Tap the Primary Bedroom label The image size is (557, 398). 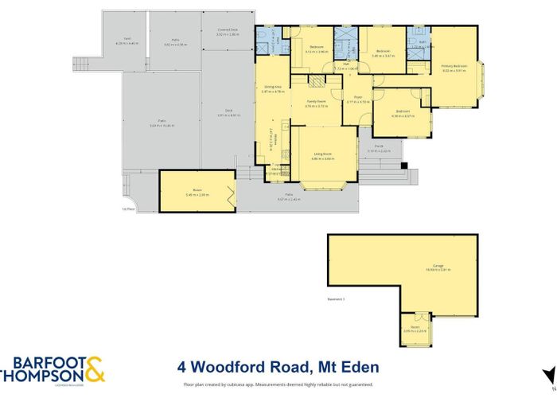(453, 68)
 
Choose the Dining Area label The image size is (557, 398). (273, 88)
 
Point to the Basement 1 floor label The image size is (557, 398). (335, 299)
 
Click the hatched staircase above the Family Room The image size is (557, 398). (318, 84)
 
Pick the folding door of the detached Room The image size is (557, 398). (231, 192)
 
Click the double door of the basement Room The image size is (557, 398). (414, 347)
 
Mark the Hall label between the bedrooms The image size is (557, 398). (347, 65)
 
